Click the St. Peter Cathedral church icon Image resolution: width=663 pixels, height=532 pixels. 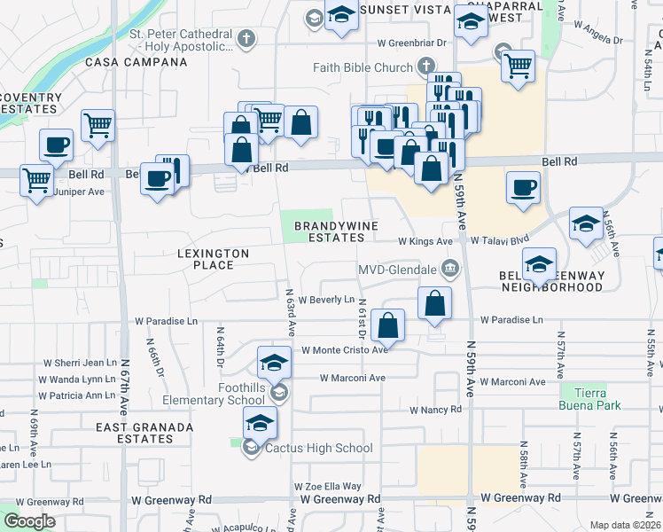point(246,39)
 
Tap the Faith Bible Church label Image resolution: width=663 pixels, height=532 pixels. point(363,67)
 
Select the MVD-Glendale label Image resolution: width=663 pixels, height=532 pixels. point(398,269)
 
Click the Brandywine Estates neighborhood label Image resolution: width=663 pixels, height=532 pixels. point(331,231)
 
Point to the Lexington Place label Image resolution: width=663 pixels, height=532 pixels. point(213,259)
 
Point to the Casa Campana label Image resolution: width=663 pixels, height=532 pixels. point(136,63)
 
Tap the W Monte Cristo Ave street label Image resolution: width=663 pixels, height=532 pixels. point(345,349)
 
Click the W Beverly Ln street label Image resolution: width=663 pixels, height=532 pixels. point(326,300)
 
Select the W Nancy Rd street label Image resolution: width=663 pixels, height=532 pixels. point(435,410)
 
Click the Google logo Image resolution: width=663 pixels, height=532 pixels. point(29,521)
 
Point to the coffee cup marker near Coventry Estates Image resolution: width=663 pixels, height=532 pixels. point(56,145)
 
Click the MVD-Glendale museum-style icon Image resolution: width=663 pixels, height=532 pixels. point(450,268)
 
